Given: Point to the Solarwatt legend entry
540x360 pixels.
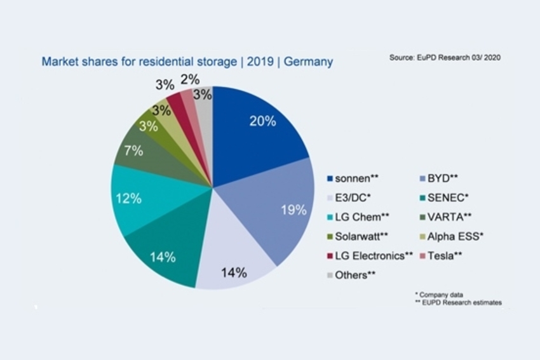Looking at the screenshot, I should (361, 237).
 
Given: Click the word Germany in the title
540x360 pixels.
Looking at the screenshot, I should (308, 62).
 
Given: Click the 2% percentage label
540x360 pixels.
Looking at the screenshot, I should (190, 79).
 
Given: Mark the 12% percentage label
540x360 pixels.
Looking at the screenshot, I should (128, 198).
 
